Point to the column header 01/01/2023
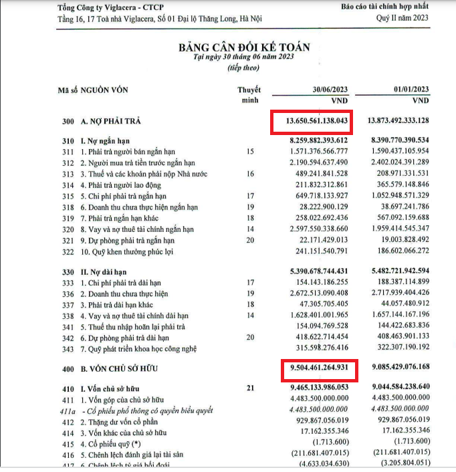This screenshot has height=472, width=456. click(x=411, y=90)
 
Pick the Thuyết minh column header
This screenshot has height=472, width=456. click(x=249, y=94)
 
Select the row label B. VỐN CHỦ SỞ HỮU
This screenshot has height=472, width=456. click(x=120, y=368)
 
